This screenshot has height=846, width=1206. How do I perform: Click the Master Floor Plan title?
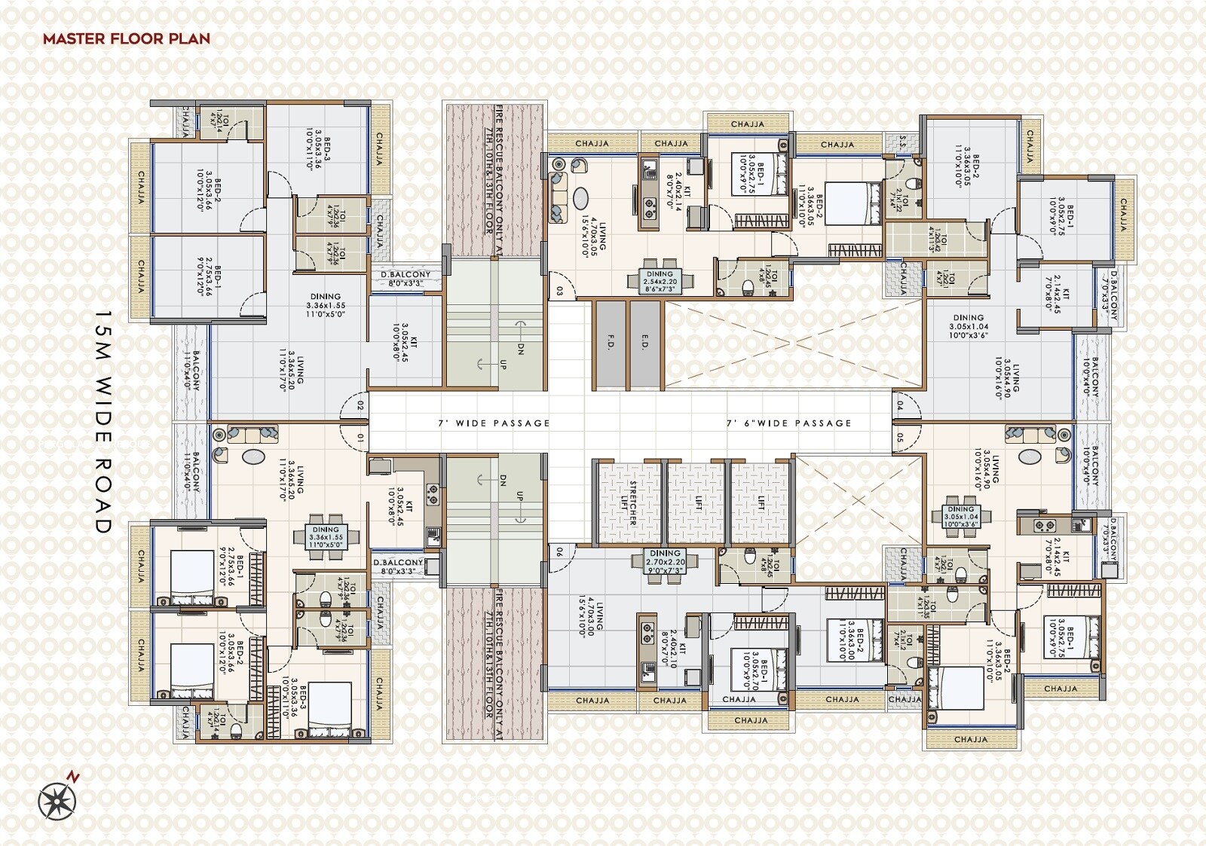[127, 38]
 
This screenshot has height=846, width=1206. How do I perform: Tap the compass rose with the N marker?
[57, 800]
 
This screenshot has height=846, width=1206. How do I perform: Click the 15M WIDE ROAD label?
[103, 422]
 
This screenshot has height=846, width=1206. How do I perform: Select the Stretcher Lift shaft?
[628, 502]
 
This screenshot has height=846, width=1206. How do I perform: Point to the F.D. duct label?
[611, 343]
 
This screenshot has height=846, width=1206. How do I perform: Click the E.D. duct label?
[644, 343]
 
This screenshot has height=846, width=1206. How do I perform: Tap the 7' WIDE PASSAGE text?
[494, 423]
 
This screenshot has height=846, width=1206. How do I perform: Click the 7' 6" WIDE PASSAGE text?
[788, 423]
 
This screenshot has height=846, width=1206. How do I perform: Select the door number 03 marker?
[559, 291]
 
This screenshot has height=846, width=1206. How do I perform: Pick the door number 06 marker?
[559, 552]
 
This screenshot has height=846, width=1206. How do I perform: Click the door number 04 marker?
[899, 406]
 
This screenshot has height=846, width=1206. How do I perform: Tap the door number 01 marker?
[360, 437]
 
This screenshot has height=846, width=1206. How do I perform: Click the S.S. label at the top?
[903, 142]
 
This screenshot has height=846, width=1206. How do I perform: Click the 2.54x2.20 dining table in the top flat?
[660, 281]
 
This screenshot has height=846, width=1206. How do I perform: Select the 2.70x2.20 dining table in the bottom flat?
[666, 562]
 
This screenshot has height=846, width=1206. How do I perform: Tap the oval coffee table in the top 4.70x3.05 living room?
[581, 198]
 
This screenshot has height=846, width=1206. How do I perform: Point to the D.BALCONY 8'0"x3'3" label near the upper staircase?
[405, 279]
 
